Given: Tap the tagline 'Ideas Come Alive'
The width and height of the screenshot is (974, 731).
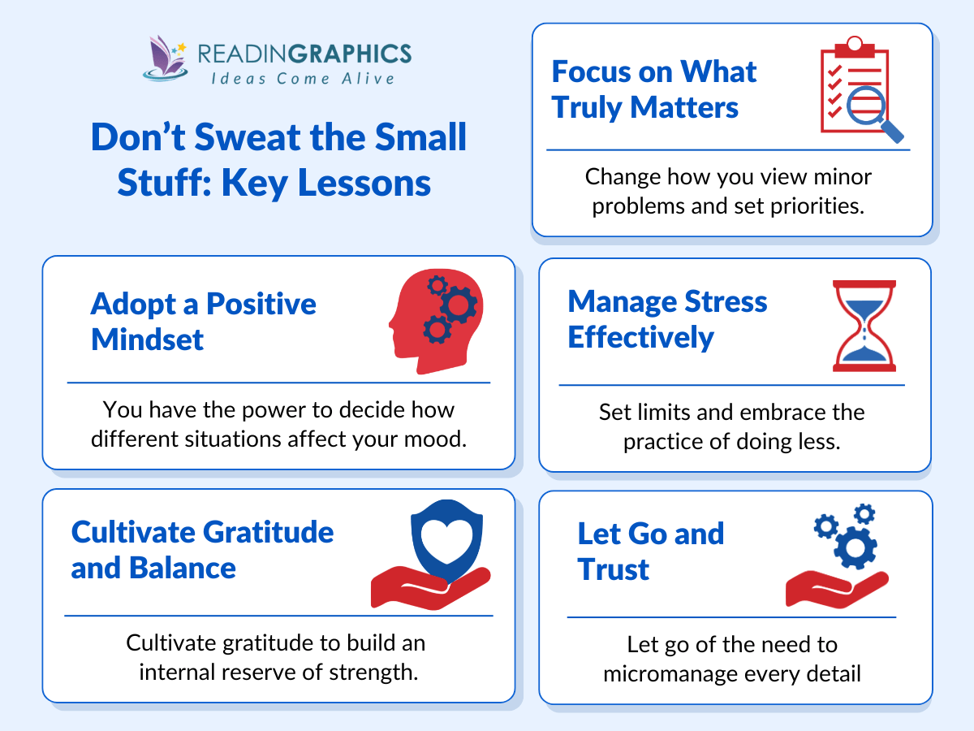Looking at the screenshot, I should click(303, 79).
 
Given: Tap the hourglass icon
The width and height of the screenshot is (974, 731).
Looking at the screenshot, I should click(864, 325).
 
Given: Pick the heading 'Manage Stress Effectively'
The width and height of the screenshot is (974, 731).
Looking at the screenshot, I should click(667, 318).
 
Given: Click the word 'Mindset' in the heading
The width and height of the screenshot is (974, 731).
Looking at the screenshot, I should click(147, 339).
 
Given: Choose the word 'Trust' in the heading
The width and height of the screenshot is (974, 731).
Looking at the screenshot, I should click(614, 569).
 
